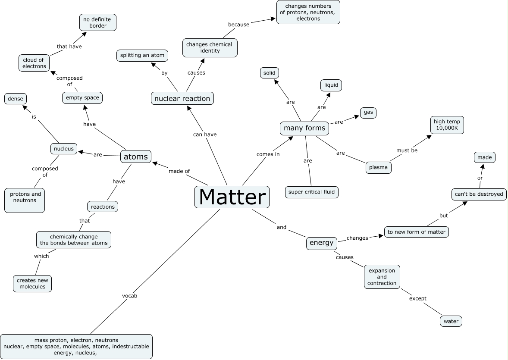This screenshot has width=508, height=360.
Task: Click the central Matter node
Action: (232, 197)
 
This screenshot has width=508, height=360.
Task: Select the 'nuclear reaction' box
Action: (182, 98)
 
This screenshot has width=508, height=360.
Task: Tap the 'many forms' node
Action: (304, 128)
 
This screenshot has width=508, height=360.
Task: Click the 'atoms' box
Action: (136, 157)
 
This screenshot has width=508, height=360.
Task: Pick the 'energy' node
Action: (321, 243)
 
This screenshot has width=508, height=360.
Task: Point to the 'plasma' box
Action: (379, 167)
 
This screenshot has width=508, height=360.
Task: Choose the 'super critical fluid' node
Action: (312, 192)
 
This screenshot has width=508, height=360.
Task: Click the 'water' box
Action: (451, 321)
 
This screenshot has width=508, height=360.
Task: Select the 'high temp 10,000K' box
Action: (447, 125)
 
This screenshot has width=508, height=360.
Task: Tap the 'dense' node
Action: (15, 99)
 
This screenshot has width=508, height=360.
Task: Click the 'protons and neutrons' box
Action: (25, 200)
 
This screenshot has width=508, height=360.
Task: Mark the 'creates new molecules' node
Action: (32, 283)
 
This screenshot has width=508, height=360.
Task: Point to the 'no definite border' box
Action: (98, 22)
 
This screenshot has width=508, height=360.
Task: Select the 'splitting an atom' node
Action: (142, 55)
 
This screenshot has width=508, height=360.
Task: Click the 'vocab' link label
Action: (129, 296)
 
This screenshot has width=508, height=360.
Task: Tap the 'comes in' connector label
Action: (268, 154)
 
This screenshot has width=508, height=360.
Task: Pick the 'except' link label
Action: (417, 298)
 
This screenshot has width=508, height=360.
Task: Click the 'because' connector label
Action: (238, 25)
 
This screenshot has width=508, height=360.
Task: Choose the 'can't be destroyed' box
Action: (479, 194)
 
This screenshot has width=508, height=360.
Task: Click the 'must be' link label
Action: (407, 150)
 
